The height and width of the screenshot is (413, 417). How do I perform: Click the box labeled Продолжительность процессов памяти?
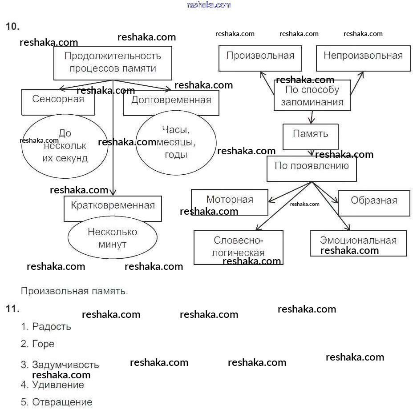pyautogui.click(x=113, y=63)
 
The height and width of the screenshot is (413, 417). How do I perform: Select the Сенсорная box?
pyautogui.click(x=58, y=102)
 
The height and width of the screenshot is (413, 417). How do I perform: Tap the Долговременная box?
pyautogui.click(x=171, y=102)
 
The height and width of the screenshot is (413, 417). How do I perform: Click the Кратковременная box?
pyautogui.click(x=113, y=208)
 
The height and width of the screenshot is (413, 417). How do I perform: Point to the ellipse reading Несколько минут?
pyautogui.click(x=113, y=238)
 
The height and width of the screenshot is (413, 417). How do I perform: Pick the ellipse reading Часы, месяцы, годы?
pyautogui.click(x=176, y=142)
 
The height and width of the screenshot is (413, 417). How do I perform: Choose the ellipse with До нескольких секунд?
pyautogui.click(x=65, y=146)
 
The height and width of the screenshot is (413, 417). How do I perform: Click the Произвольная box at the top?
pyautogui.click(x=260, y=58)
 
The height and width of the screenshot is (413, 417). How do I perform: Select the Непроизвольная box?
pyautogui.click(x=363, y=58)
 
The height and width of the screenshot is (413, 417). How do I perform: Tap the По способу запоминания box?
pyautogui.click(x=312, y=96)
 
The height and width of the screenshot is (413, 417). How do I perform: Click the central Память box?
pyautogui.click(x=311, y=136)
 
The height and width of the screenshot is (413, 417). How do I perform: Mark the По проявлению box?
pyautogui.click(x=312, y=168)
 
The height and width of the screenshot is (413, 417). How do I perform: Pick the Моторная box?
pyautogui.click(x=230, y=202)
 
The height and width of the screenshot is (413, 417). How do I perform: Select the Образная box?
pyautogui.click(x=374, y=203)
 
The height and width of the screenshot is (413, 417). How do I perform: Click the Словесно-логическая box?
pyautogui.click(x=239, y=247)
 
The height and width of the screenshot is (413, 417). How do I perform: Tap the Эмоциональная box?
pyautogui.click(x=358, y=243)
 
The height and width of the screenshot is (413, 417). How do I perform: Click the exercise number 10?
pyautogui.click(x=12, y=27)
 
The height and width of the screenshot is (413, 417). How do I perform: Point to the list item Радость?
pyautogui.click(x=51, y=327)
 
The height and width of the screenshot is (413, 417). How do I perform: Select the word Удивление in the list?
pyautogui.click(x=58, y=385)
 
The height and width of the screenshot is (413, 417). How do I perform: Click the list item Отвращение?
pyautogui.click(x=62, y=402)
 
